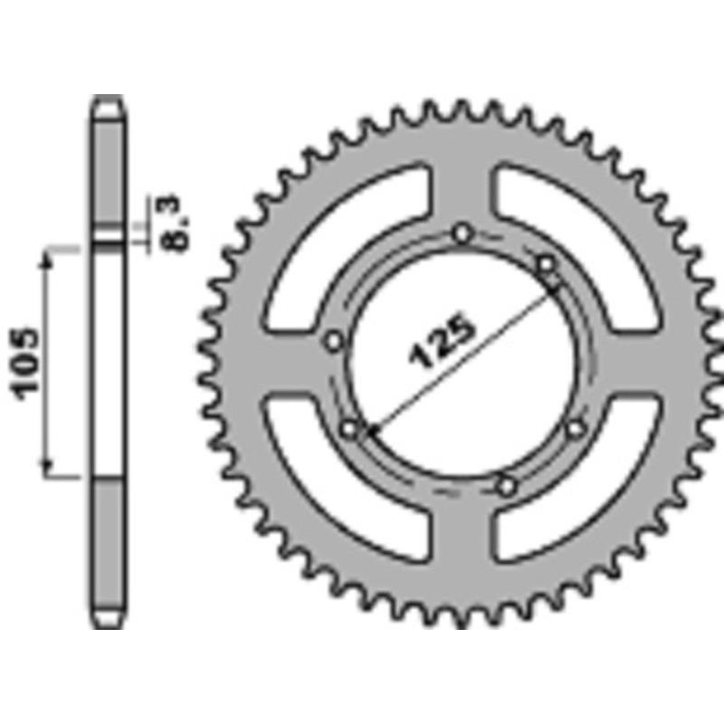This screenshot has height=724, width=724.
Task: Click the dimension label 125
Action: [442, 342]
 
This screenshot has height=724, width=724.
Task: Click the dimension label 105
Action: [25, 364]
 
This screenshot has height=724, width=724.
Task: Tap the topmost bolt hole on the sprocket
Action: [462, 233]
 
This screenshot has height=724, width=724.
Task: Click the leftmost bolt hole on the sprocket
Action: [334, 342]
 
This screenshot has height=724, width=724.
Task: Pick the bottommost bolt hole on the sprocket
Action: [507, 486]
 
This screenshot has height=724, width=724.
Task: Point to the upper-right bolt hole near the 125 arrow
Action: [547, 265]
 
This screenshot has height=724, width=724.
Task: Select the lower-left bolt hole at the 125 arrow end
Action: [349, 429]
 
